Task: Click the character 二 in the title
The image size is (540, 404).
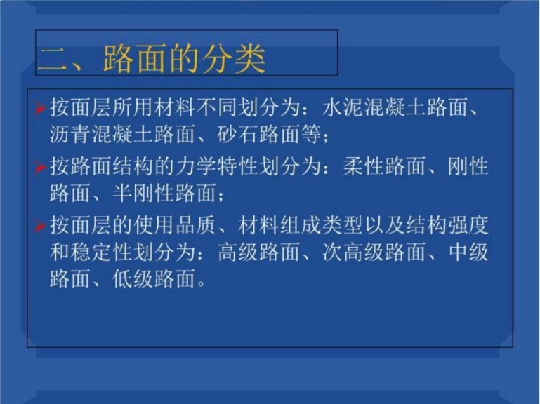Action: click(52, 59)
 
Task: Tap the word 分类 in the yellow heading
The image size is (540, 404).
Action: click(234, 58)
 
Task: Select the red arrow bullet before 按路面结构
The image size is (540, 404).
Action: click(40, 167)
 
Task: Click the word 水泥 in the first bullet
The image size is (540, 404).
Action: click(343, 107)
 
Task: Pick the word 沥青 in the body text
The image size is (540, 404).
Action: click(70, 134)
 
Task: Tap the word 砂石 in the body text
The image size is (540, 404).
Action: click(238, 134)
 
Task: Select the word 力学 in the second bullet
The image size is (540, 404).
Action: click(196, 166)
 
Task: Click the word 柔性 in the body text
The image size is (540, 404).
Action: click(364, 166)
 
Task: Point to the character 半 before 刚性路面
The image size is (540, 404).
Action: click(123, 193)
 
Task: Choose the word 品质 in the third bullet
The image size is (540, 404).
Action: click(196, 225)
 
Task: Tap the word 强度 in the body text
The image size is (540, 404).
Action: click(468, 225)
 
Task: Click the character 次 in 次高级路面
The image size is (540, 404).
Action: click(333, 252)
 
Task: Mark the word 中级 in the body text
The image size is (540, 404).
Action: click(468, 252)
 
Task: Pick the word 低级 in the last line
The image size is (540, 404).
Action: click(133, 278)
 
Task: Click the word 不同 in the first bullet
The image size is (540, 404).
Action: click(217, 107)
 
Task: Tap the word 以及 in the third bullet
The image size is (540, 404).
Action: click(385, 225)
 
